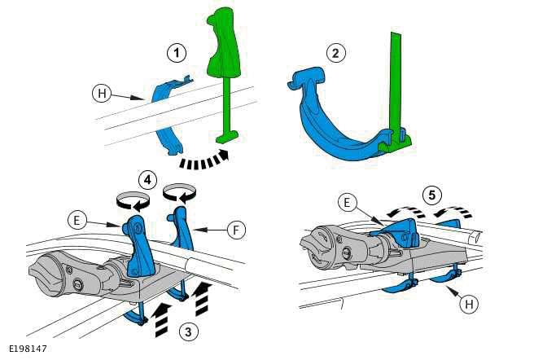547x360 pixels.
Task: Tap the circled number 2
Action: point(334,54)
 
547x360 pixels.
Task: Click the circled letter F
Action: point(234,231)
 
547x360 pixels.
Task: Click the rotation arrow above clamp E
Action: point(132,200)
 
